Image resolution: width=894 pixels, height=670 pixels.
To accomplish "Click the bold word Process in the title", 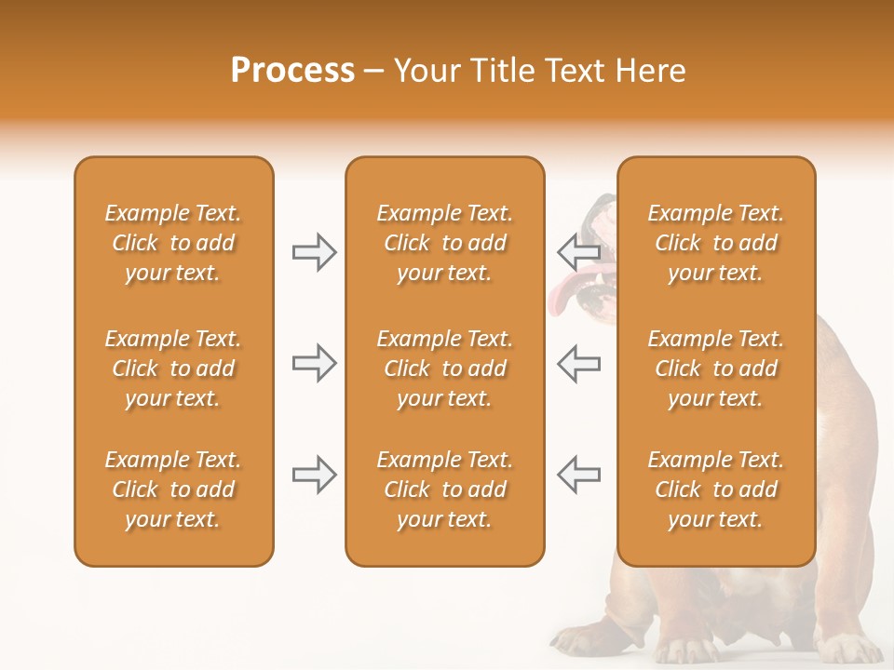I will click(x=292, y=71).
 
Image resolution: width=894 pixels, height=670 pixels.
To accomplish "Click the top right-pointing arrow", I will click(x=314, y=252).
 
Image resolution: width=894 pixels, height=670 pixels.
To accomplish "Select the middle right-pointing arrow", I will click(x=314, y=363).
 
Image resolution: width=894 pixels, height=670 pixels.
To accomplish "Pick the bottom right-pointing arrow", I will click(x=314, y=475).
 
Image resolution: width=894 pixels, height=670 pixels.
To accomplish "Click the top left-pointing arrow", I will click(x=579, y=252).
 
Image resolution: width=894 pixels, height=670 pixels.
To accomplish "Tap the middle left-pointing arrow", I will click(x=579, y=363).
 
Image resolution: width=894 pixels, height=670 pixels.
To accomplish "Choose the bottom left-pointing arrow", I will click(x=579, y=475).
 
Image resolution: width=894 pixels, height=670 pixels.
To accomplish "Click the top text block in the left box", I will click(x=173, y=243).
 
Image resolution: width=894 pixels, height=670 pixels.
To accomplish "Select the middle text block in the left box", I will click(x=173, y=368).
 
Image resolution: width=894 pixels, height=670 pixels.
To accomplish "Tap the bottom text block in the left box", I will click(x=173, y=489).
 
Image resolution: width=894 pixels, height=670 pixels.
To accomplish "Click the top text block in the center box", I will click(x=444, y=243).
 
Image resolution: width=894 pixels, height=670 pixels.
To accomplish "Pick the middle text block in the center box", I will click(x=444, y=368).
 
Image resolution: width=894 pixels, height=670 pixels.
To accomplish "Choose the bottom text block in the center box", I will click(x=444, y=489).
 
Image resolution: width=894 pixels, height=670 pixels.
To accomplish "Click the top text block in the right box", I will click(x=716, y=243).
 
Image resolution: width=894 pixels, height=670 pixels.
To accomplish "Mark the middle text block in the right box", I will click(x=716, y=368).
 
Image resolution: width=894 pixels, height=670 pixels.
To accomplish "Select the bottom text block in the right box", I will click(x=716, y=489).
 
